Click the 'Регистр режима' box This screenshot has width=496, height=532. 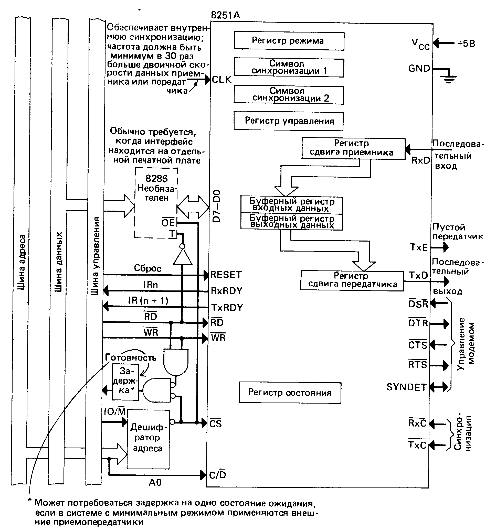pyautogui.click(x=289, y=41)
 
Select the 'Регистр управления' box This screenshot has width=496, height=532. pyautogui.click(x=288, y=121)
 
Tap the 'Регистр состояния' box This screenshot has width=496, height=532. pyautogui.click(x=290, y=393)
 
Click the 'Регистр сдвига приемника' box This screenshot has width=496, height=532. pyautogui.click(x=353, y=148)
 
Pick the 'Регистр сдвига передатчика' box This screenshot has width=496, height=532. pyautogui.click(x=352, y=280)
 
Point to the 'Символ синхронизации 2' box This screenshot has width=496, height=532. pyautogui.click(x=289, y=95)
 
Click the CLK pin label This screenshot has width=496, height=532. pyautogui.click(x=221, y=80)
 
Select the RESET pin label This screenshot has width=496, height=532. pyautogui.click(x=226, y=275)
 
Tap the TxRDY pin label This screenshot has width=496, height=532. pyautogui.click(x=227, y=308)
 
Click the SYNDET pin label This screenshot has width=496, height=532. pyautogui.click(x=406, y=387)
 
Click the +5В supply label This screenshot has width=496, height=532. pyautogui.click(x=466, y=43)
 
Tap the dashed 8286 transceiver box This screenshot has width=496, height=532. pyautogui.click(x=156, y=203)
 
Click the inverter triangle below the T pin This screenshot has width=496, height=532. pyautogui.click(x=183, y=257)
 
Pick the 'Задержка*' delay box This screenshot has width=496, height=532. pyautogui.click(x=125, y=382)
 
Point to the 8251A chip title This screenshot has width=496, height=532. pyautogui.click(x=225, y=15)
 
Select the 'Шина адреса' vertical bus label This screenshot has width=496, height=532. pyautogui.click(x=21, y=262)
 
